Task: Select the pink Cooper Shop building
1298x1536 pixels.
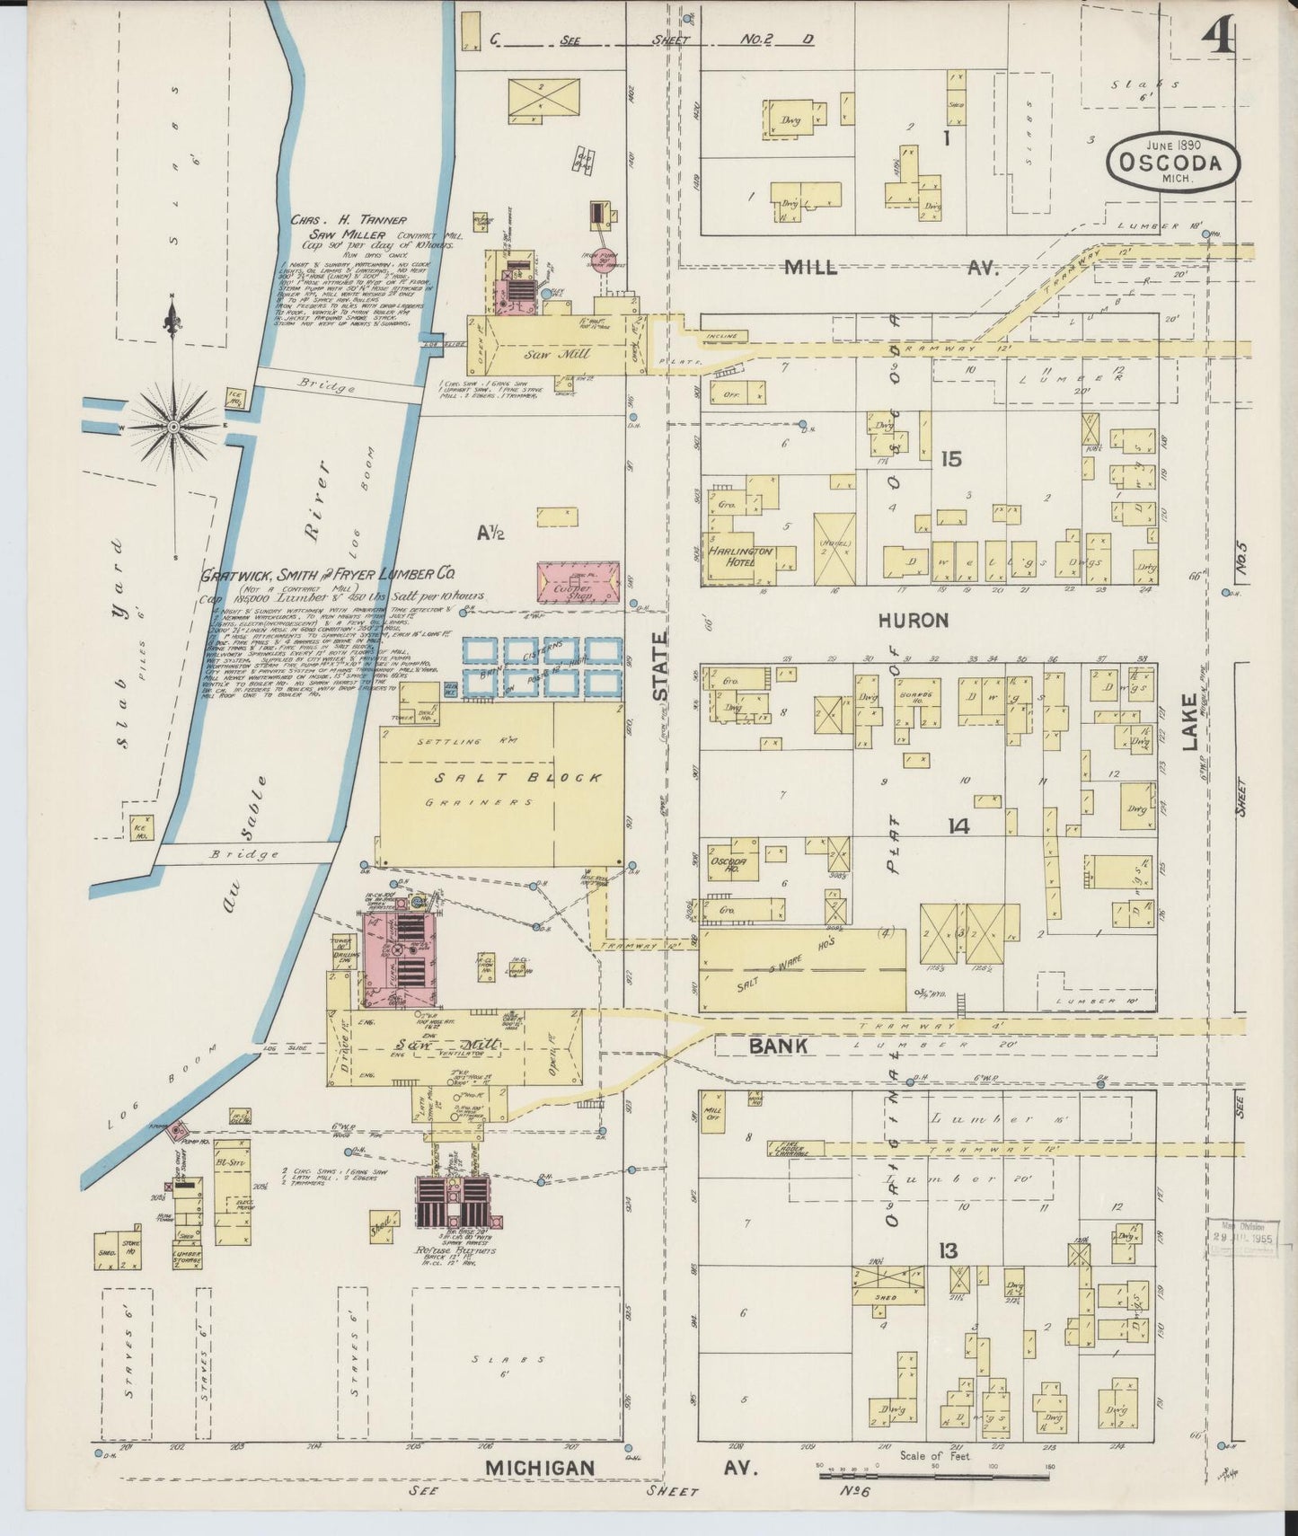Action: pyautogui.click(x=578, y=582)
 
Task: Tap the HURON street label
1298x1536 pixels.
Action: pyautogui.click(x=914, y=621)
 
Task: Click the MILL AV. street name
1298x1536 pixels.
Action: pyautogui.click(x=889, y=268)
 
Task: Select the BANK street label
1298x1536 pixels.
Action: pyautogui.click(x=778, y=1046)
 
